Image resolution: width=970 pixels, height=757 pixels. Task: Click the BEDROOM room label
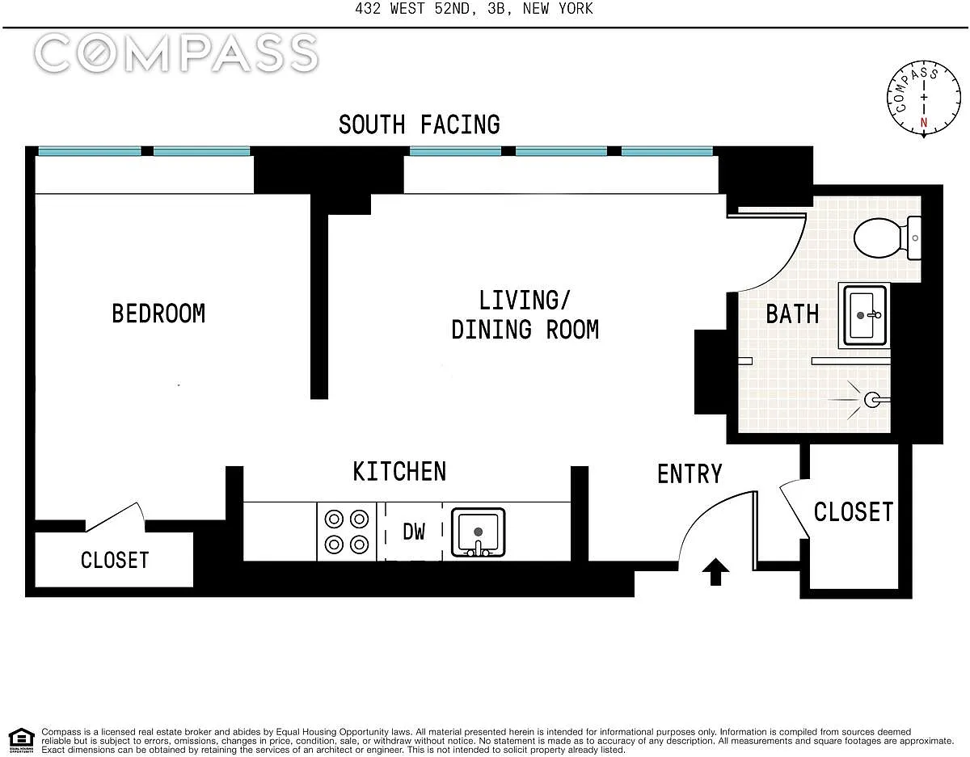[158, 313]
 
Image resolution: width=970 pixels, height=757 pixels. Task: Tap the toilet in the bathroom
[887, 238]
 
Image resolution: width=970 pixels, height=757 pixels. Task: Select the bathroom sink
[864, 315]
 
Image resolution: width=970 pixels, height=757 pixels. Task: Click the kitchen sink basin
[478, 532]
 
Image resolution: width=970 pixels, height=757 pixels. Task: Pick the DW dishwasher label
[414, 532]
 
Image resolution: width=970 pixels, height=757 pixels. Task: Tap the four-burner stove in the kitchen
[347, 532]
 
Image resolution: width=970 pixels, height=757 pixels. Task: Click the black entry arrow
[715, 571]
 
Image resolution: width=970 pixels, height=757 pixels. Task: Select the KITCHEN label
[399, 472]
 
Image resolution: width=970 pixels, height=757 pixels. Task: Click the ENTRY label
[690, 473]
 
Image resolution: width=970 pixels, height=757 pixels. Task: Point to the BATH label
[792, 314]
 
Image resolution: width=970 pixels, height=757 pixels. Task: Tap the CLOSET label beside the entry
[854, 511]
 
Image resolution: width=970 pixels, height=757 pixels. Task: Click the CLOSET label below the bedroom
[115, 561]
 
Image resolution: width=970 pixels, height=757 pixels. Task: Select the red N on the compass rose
[924, 122]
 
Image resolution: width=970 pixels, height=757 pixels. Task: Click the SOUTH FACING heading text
[420, 124]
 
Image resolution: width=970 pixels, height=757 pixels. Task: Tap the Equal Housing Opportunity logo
[22, 741]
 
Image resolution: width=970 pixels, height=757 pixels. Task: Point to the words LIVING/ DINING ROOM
[525, 315]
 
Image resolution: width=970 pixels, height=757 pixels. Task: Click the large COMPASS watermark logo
[176, 53]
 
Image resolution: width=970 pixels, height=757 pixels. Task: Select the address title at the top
[474, 8]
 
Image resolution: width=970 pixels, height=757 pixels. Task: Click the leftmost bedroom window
[90, 151]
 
